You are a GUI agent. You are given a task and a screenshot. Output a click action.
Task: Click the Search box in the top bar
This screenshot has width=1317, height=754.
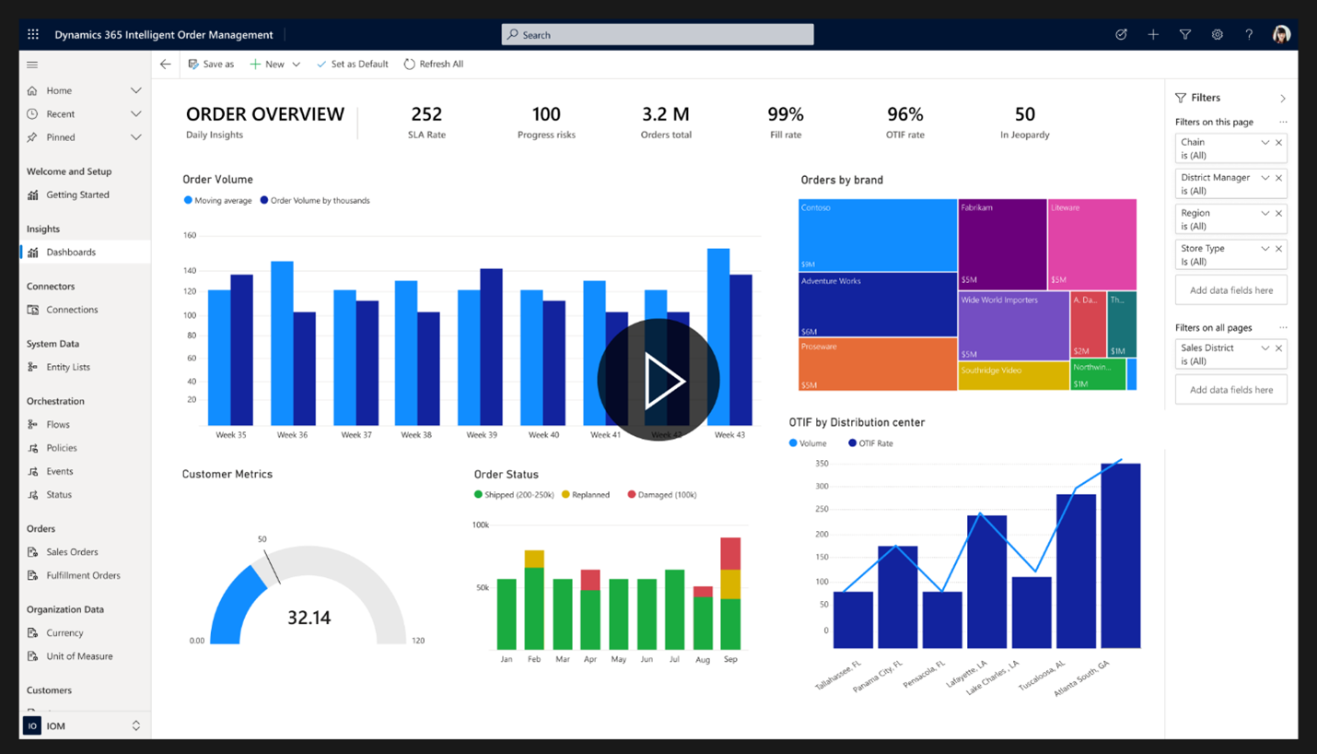pos(657,35)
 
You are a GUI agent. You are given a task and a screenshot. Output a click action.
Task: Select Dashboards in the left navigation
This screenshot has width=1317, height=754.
pos(71,253)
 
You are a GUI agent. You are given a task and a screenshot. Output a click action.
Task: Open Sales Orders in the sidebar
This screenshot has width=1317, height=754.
pos(72,552)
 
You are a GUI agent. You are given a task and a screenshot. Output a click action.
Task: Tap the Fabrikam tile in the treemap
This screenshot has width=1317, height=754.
pos(1002,244)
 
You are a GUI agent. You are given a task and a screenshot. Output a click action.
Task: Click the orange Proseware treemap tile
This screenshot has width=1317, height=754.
pos(877,364)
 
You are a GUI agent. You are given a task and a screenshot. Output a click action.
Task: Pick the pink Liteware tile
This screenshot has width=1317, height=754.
pos(1092,244)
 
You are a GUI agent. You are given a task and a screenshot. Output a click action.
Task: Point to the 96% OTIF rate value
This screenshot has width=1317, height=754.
pos(904,115)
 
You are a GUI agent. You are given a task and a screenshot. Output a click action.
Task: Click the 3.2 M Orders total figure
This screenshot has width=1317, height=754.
pos(665,115)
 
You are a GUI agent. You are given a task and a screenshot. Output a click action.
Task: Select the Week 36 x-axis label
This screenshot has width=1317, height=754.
pos(292,435)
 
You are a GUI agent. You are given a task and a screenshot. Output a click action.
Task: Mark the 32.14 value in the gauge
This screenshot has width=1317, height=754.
pos(309,618)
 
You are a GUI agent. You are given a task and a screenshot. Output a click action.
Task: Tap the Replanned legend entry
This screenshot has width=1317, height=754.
pos(585,495)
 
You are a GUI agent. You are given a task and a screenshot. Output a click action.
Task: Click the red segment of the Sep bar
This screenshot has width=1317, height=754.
pos(730,554)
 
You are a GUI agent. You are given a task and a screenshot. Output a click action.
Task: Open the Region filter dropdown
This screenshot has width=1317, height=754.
pos(1265,214)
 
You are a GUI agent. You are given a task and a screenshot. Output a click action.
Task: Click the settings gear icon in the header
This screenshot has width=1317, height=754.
pos(1217,35)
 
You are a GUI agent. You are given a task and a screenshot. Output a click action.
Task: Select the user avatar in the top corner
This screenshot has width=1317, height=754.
pos(1280,35)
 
